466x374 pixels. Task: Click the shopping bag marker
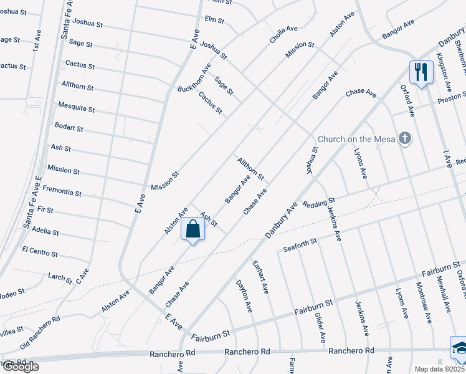[x=193, y=229]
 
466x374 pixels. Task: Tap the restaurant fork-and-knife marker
[x=421, y=72]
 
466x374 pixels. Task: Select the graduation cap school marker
[x=459, y=347]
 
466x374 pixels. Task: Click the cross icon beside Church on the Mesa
[x=405, y=138]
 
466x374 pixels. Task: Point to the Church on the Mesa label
[x=356, y=139]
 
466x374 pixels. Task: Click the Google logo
[x=20, y=367]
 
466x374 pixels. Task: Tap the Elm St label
[x=214, y=20]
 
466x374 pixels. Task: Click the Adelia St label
[x=45, y=231]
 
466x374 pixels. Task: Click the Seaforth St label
[x=300, y=241]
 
